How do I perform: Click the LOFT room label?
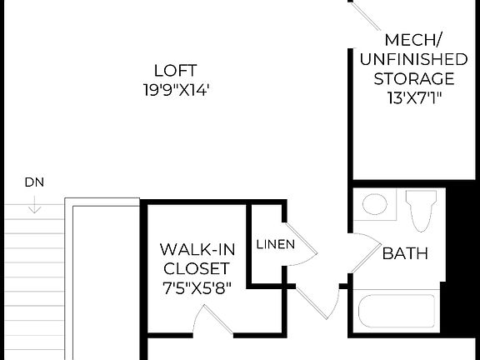(175, 70)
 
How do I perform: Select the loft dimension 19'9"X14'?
(175, 89)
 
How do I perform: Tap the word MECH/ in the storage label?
(414, 40)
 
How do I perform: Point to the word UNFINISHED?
(414, 59)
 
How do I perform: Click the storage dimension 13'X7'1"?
(414, 97)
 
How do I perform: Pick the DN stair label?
(34, 182)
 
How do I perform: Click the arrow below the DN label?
(34, 204)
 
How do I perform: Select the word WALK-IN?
(195, 249)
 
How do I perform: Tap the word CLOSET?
(195, 268)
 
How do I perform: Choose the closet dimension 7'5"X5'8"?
(195, 287)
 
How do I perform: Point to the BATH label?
(405, 253)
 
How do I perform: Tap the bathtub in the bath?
(397, 312)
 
